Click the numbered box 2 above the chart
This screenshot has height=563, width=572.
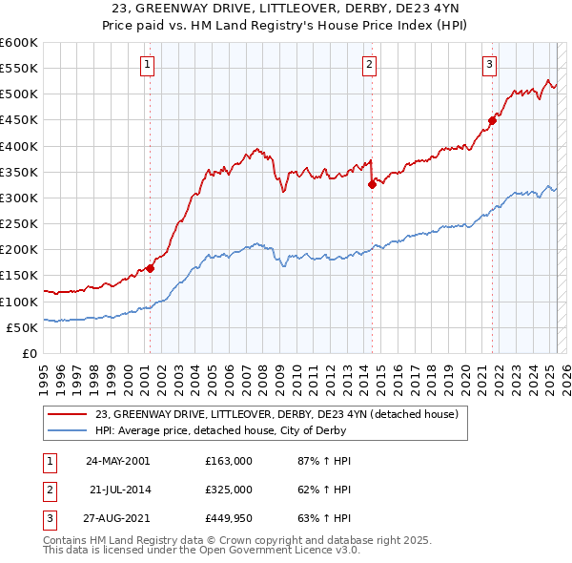tap(370, 65)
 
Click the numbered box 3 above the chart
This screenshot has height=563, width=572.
tap(489, 65)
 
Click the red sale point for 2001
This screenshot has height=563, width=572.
tap(150, 268)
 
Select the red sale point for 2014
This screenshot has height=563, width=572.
tap(372, 185)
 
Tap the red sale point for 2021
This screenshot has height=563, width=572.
tap(493, 120)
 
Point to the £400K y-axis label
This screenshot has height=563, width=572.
tap(19, 146)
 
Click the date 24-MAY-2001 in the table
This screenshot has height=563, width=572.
tap(117, 461)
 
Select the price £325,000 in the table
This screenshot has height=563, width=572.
tap(229, 490)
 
